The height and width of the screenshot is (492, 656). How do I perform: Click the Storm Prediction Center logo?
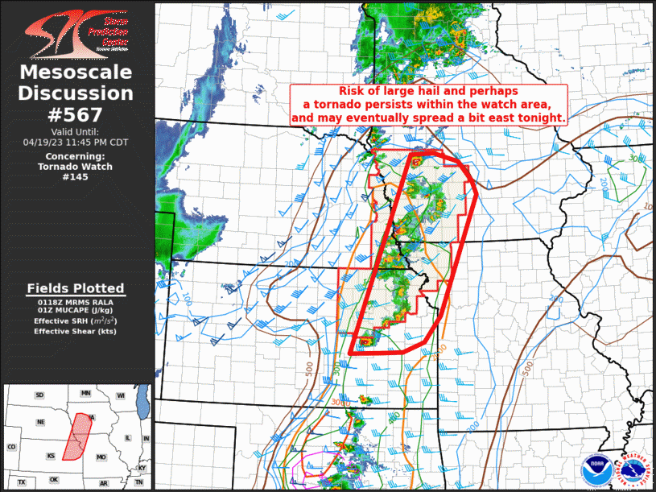[76, 33]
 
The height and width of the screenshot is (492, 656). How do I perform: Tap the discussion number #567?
[76, 114]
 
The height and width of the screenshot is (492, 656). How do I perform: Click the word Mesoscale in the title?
[76, 73]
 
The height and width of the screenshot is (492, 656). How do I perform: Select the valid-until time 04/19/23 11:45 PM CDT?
[76, 142]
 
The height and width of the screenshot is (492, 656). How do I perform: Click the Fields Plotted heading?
[76, 288]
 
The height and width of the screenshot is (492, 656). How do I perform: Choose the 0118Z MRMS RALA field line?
[76, 301]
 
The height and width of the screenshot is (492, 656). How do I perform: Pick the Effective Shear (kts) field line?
[76, 331]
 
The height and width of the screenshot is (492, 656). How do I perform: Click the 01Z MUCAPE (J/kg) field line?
[76, 311]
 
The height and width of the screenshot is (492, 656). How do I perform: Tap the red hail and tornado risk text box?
[428, 105]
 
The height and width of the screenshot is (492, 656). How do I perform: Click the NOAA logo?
[596, 469]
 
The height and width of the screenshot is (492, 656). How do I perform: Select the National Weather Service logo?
[633, 469]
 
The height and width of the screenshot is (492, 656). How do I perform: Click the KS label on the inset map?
[51, 455]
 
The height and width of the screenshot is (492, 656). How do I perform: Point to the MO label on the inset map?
[101, 457]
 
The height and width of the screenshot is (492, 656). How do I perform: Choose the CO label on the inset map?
[11, 447]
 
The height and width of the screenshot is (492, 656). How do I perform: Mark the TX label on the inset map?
[22, 482]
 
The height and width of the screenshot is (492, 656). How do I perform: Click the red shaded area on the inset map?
[79, 436]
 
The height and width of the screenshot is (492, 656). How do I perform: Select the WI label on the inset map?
[120, 395]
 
